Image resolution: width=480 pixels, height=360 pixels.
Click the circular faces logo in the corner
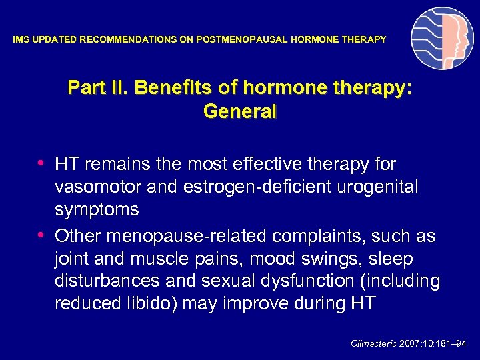[442, 39]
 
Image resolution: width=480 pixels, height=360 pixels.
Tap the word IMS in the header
[21, 40]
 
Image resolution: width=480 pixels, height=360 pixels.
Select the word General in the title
[239, 112]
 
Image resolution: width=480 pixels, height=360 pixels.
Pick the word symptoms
[97, 210]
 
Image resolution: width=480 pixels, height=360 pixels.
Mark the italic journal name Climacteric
[373, 344]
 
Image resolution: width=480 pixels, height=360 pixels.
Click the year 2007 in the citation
[409, 344]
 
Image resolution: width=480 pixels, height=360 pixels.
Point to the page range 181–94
[453, 344]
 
